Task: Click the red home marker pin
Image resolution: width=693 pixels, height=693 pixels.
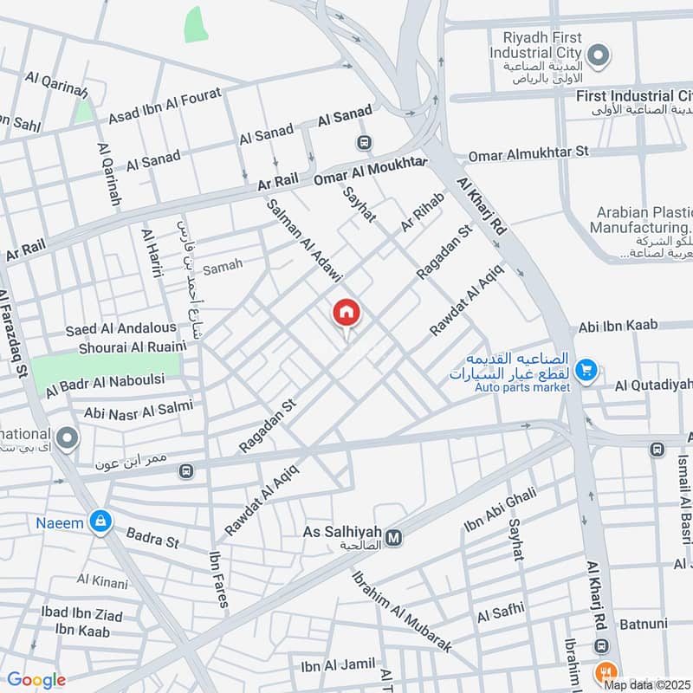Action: coord(346,314)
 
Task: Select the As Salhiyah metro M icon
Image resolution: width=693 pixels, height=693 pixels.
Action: coord(394,538)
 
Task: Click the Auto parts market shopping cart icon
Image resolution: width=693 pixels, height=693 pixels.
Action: coord(586,371)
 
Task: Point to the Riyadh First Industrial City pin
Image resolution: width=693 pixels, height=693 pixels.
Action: coord(598,55)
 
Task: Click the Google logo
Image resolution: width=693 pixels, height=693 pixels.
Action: coord(36,679)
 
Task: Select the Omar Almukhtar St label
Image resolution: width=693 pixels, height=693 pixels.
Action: coord(528,153)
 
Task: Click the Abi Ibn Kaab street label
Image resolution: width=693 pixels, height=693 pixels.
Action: coord(619,325)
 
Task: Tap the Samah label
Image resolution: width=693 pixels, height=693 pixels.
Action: coord(223,266)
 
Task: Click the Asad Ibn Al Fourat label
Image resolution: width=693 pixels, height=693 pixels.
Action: coord(165,106)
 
